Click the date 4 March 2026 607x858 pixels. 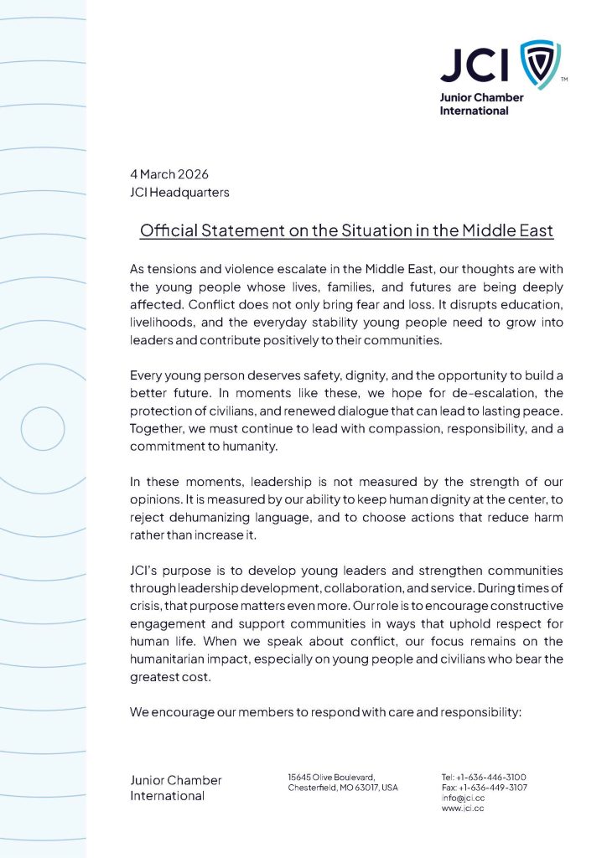pyautogui.click(x=169, y=174)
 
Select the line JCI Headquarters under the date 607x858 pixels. pyautogui.click(x=179, y=193)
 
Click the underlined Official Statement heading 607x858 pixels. pyautogui.click(x=346, y=230)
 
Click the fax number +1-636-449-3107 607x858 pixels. pyautogui.click(x=491, y=788)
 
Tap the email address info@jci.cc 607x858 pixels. pyautogui.click(x=463, y=798)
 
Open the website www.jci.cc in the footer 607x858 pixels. pyautogui.click(x=463, y=809)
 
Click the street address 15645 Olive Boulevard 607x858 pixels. pyautogui.click(x=332, y=777)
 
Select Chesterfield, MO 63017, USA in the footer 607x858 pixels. pyautogui.click(x=343, y=788)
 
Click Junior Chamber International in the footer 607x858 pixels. pyautogui.click(x=176, y=788)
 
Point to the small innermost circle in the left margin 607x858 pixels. pyautogui.click(x=42, y=429)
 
